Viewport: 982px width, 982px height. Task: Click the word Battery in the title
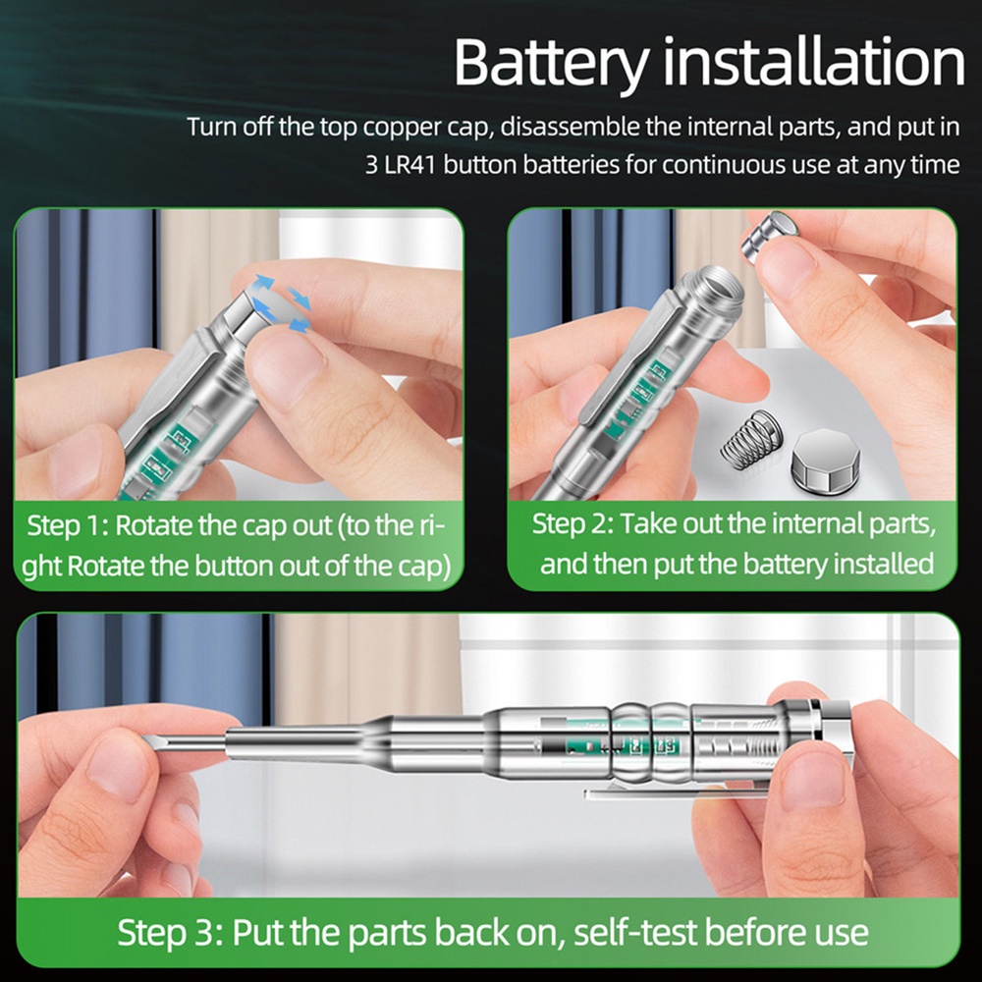[551, 63]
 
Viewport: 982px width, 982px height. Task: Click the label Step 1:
[68, 526]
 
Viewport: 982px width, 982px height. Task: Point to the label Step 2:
[573, 524]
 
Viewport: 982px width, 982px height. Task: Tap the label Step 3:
[170, 933]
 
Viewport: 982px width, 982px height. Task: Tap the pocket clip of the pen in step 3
[677, 792]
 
